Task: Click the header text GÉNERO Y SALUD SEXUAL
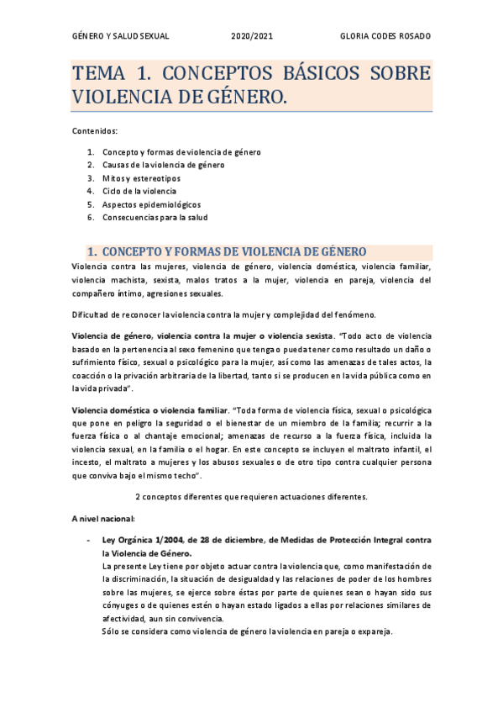tap(121, 37)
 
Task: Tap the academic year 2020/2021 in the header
tap(252, 37)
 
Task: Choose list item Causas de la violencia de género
tap(164, 165)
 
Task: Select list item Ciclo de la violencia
tap(140, 191)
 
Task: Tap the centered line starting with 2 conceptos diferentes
tap(251, 496)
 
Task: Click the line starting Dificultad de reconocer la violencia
tap(223, 314)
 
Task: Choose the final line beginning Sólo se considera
tap(246, 631)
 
